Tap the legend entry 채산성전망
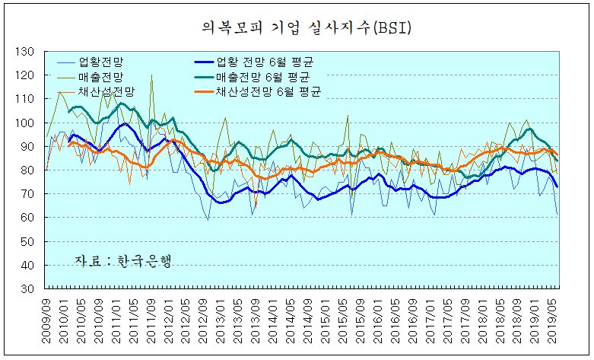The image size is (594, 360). pos(110,91)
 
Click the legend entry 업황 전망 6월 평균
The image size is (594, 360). pos(265,62)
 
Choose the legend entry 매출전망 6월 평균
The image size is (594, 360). pos(265,77)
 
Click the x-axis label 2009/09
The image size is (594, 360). pos(47,319)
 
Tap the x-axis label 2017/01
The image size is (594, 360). pos(427,319)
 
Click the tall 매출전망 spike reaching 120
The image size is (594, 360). pos(151,77)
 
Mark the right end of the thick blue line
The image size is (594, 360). pos(557,186)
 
